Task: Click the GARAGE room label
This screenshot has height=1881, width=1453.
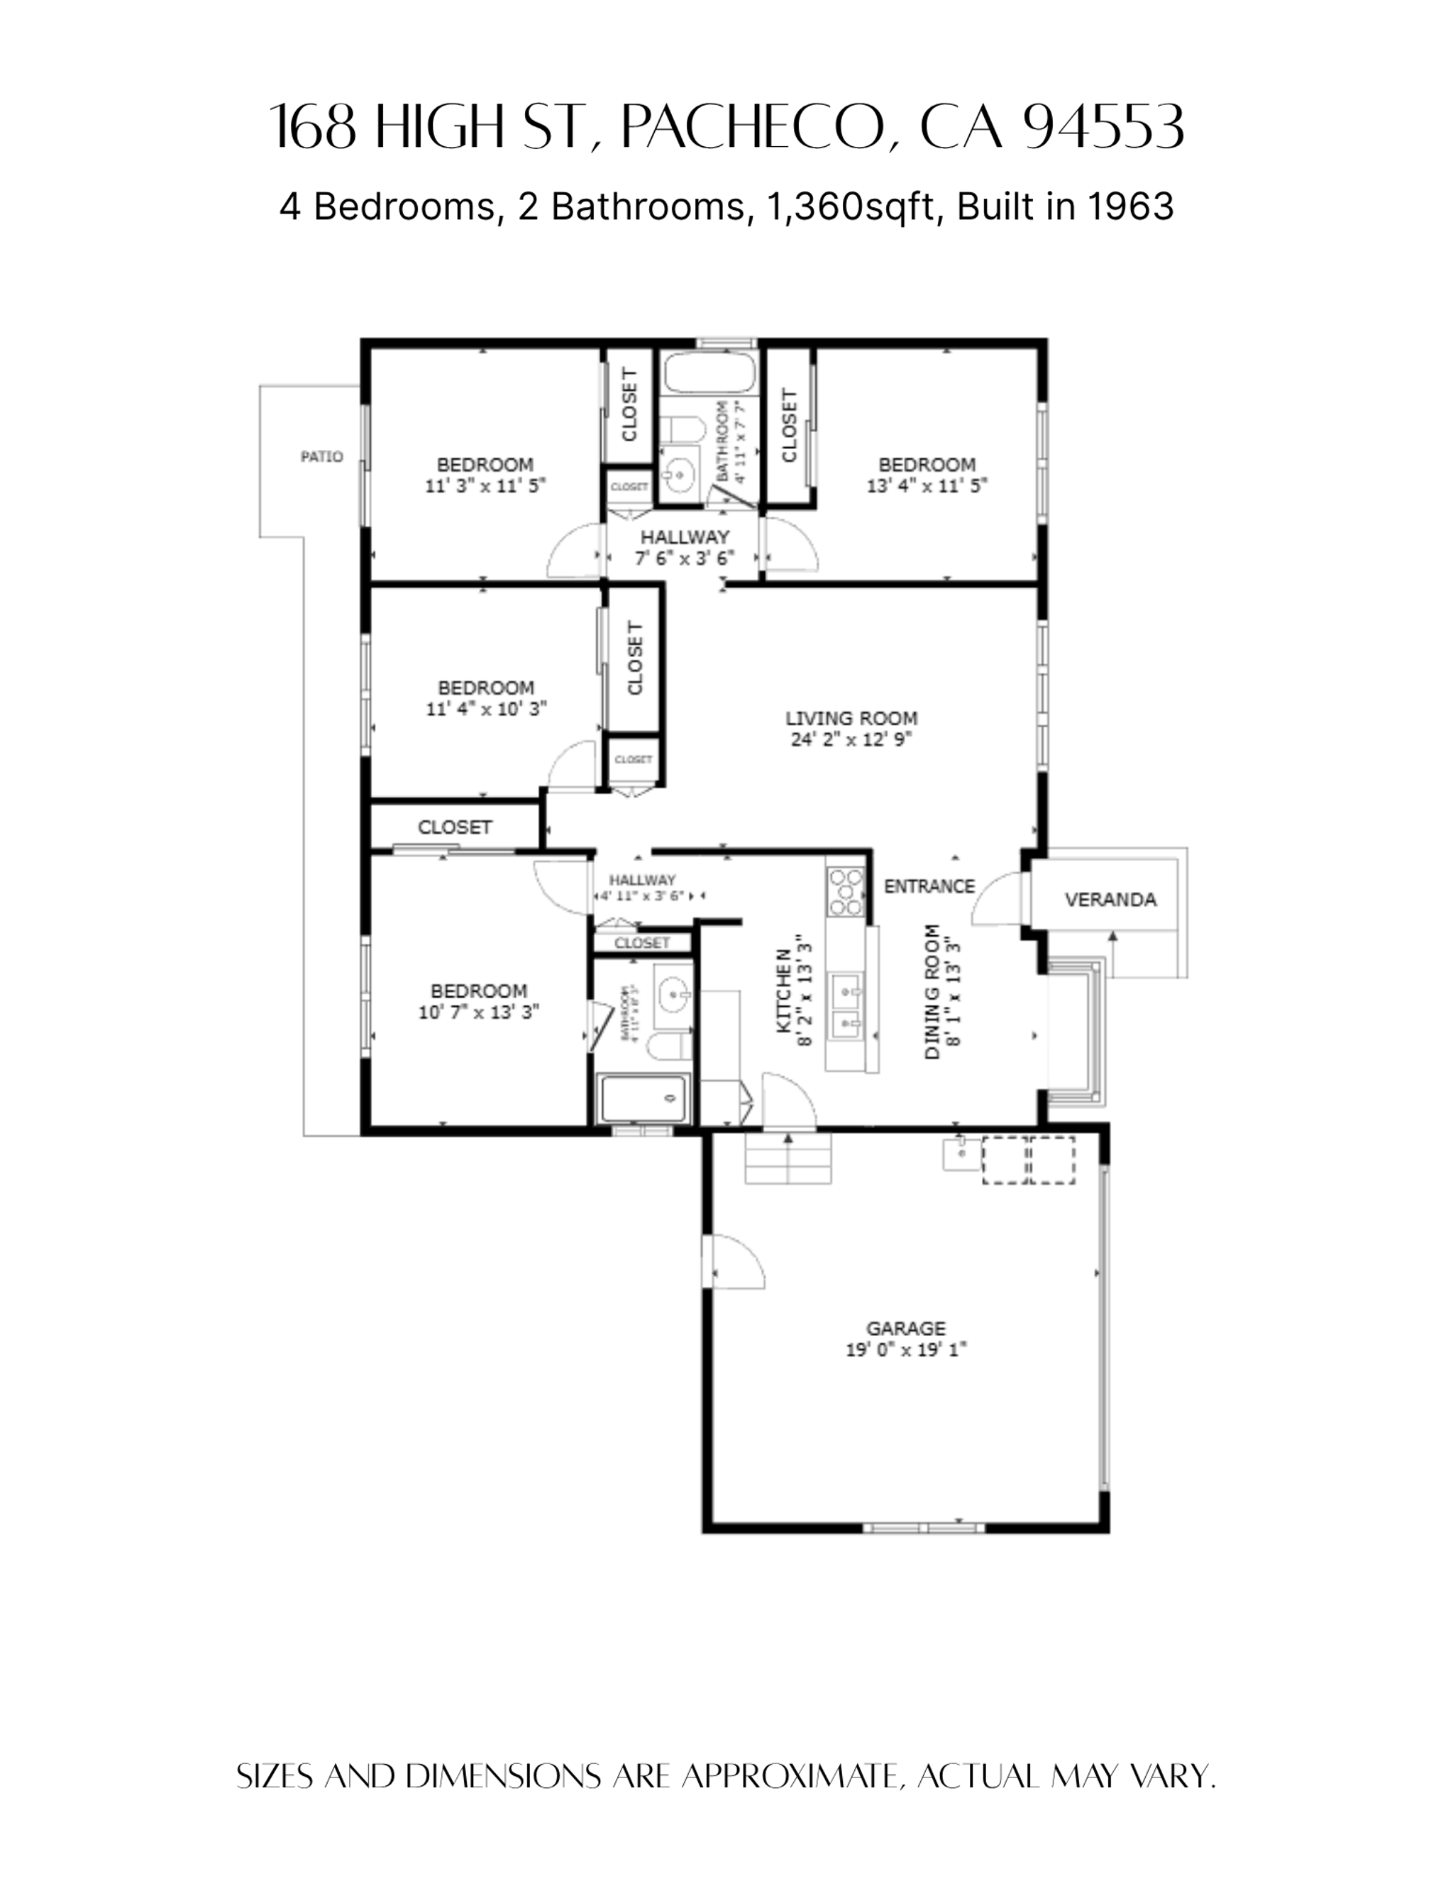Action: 905,1328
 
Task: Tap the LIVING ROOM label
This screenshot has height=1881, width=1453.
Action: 851,718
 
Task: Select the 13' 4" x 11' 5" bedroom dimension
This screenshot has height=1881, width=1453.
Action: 927,486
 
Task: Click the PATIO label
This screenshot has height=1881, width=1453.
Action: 321,456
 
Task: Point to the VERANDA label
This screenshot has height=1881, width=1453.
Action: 1110,900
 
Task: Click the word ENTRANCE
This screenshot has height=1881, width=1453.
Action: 929,886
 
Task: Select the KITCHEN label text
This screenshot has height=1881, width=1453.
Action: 784,991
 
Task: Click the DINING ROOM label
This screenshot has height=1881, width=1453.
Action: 933,991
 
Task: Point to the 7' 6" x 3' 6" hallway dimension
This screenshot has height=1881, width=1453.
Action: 685,558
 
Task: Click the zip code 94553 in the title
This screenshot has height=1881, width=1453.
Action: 1104,126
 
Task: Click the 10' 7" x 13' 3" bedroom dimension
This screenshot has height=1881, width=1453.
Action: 478,1012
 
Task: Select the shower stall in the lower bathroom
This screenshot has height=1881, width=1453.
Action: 644,1099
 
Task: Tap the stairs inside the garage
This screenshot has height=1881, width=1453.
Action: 788,1159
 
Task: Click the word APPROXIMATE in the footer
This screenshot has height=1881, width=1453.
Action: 790,1776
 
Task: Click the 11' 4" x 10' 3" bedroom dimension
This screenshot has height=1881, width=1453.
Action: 486,709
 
